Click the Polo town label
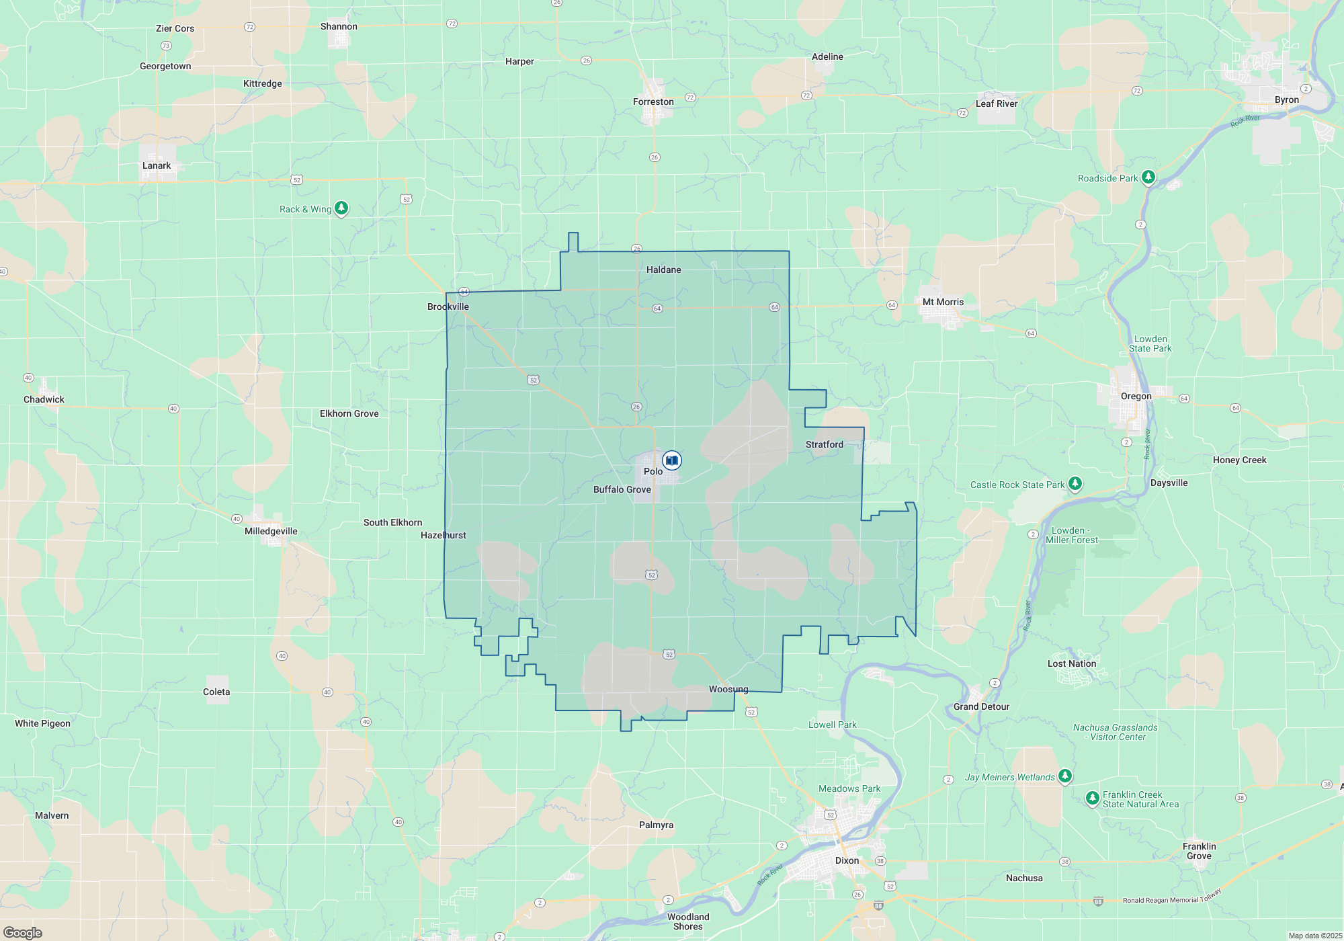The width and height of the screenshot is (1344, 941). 653,471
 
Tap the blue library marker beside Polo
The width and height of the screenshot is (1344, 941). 671,460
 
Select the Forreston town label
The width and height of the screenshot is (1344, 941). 653,101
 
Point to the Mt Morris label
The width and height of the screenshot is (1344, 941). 943,302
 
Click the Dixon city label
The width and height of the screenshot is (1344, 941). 847,860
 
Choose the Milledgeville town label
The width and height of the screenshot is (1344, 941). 271,531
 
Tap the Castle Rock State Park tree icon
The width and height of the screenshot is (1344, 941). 1075,483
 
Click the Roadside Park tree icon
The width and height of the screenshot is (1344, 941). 1148,177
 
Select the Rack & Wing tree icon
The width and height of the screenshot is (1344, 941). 341,208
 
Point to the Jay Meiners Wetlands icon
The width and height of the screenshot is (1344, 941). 1064,776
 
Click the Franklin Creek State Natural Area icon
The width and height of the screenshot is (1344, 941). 1093,798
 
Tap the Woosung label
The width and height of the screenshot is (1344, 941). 728,689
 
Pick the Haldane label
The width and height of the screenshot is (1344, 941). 663,270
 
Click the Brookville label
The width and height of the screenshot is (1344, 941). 448,306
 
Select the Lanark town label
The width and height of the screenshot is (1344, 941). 157,165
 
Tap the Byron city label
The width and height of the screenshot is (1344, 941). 1287,99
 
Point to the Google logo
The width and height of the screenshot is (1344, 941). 22,933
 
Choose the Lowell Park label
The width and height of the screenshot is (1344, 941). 832,725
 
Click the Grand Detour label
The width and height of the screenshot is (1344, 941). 981,706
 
